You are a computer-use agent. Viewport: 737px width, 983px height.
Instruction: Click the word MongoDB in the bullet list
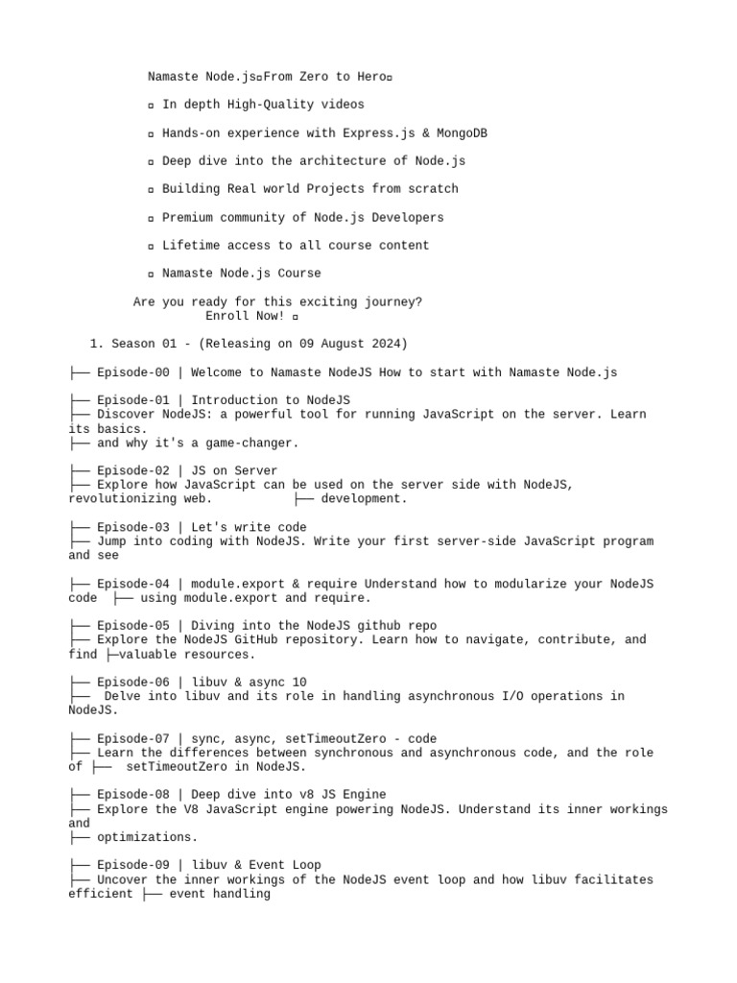pos(462,132)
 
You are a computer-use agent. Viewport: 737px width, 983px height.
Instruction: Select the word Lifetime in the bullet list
pos(191,245)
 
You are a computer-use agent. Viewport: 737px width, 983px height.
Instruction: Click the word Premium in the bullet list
pos(187,217)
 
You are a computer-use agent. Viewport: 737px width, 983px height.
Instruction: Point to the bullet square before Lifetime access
pos(152,247)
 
